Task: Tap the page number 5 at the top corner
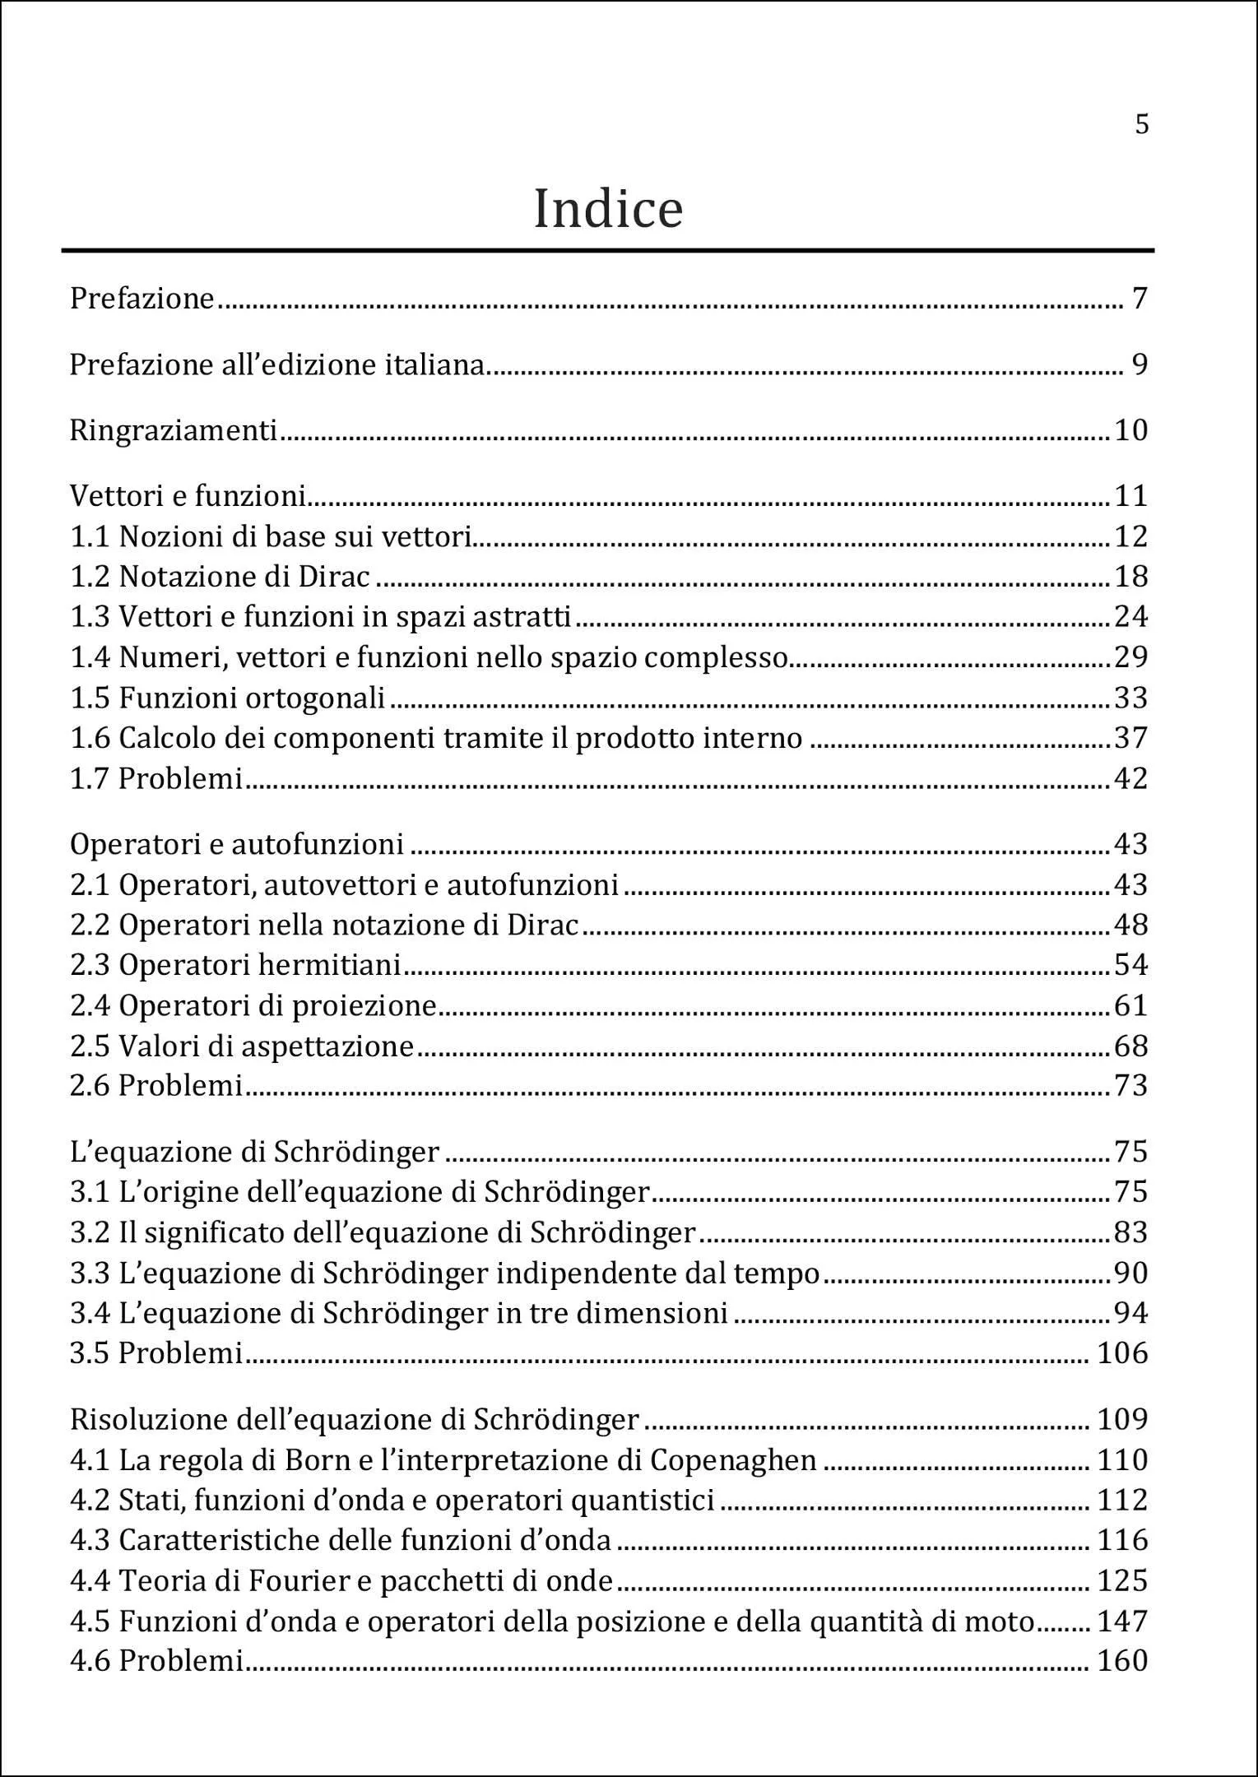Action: pos(1141,124)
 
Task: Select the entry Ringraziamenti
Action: pos(174,430)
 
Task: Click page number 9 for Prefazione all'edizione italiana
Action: pos(1140,364)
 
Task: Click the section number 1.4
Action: pos(90,657)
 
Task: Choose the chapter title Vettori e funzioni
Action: pos(188,496)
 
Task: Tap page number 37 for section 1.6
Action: pos(1130,738)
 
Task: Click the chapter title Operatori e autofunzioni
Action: pos(237,844)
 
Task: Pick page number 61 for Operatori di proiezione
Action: pos(1130,1005)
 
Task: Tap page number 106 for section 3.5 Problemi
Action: pos(1122,1353)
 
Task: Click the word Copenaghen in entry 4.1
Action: pos(733,1460)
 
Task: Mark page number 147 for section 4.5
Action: pos(1122,1621)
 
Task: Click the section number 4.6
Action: pos(90,1661)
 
